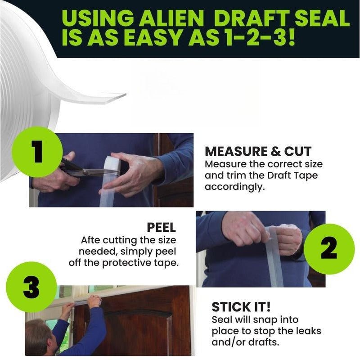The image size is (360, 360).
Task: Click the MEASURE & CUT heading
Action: [258, 151]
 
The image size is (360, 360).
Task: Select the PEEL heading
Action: [161, 227]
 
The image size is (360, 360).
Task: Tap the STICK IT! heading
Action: [241, 307]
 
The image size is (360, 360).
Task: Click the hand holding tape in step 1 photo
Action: [130, 173]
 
